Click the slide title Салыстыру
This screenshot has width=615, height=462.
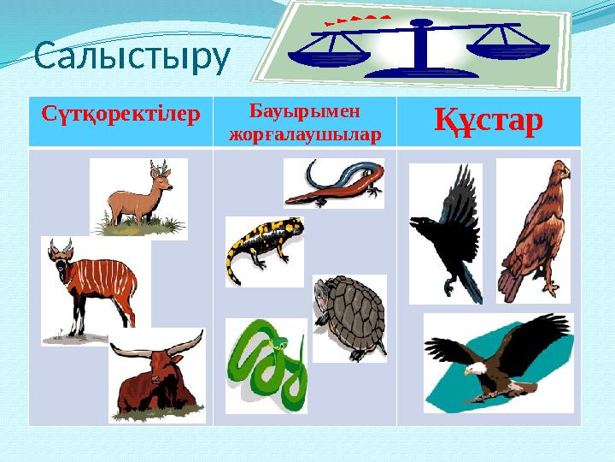point(132,57)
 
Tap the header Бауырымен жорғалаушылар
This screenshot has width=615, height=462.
point(305,122)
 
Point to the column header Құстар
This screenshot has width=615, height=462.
point(489,122)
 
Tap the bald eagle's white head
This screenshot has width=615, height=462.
point(476,371)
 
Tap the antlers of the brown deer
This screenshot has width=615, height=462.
point(157,167)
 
